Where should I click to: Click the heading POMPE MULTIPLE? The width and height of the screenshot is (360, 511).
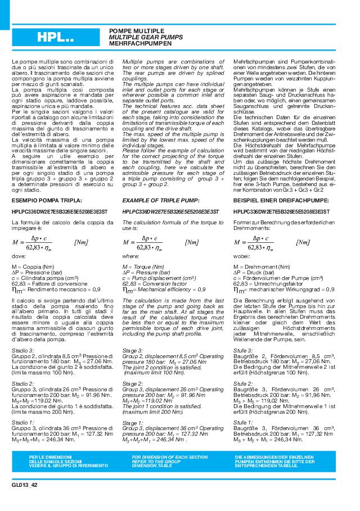(137, 30)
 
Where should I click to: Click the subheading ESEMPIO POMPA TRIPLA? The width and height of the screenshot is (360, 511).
(47, 200)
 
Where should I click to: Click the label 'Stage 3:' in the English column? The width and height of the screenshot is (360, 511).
(132, 350)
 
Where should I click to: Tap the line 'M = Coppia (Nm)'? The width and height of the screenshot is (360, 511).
(33, 266)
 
